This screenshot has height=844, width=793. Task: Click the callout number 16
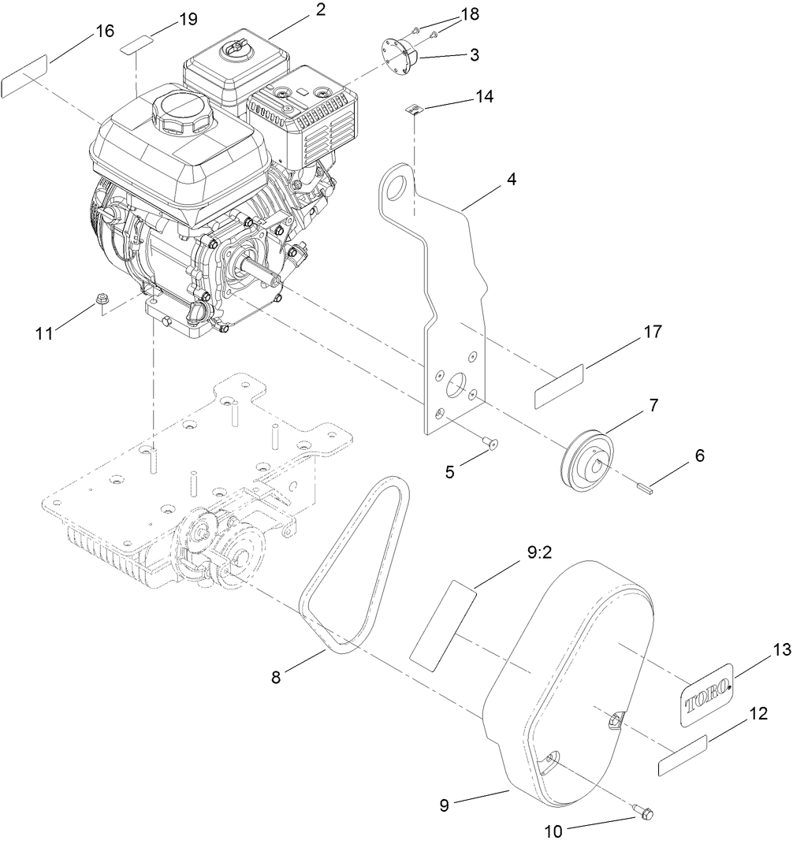(105, 31)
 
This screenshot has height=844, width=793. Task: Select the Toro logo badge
(706, 693)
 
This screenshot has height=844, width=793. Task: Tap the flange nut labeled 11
(101, 299)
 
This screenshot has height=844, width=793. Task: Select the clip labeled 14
(411, 109)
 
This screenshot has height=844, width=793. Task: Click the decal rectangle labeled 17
(560, 386)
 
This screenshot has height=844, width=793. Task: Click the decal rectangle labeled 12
(683, 755)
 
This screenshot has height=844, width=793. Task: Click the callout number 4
(512, 179)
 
